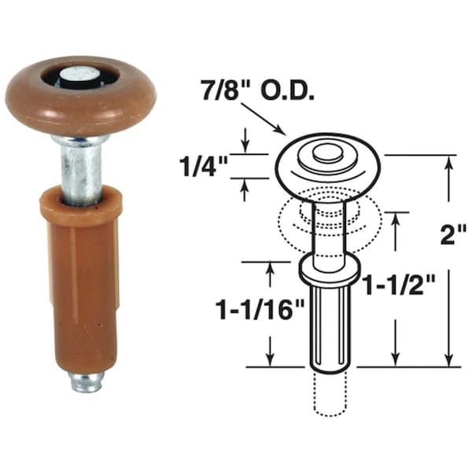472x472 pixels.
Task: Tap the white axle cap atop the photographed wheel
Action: pos(81,76)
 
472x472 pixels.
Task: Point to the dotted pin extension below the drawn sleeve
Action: pos(328,393)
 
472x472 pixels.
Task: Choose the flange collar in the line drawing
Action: pos(329,269)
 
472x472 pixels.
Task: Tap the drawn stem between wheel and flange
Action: pos(326,228)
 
